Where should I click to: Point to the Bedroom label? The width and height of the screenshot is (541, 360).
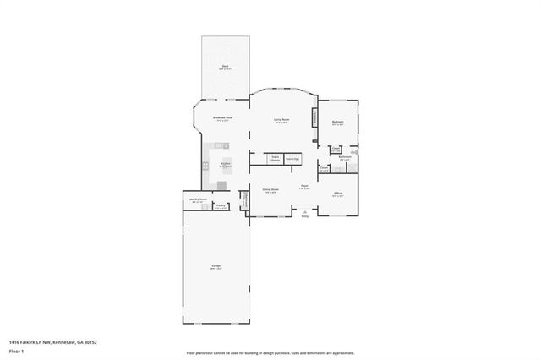coord(337,123)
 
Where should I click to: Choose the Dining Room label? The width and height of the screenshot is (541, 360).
coord(270,192)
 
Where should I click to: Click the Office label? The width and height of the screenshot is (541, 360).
coord(337,194)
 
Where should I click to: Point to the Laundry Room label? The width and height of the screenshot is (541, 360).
coord(199,200)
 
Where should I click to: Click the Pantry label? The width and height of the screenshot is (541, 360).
coord(221,206)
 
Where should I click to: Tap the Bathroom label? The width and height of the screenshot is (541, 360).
coord(345,158)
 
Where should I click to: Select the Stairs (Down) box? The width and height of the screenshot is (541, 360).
coord(275,158)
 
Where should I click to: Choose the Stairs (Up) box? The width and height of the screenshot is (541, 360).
coord(292,158)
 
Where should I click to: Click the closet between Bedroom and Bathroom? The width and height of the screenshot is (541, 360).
coord(336,150)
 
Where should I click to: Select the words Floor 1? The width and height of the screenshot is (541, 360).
coord(16,350)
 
